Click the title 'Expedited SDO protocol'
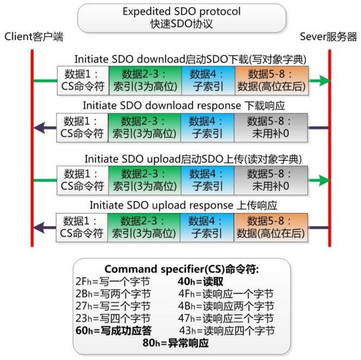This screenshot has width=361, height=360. [x=181, y=11]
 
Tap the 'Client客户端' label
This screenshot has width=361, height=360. [x=34, y=37]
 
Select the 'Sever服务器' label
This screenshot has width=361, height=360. [x=328, y=37]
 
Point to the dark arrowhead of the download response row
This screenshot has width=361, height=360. [x=38, y=128]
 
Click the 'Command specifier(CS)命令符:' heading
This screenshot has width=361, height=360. [x=182, y=269]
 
